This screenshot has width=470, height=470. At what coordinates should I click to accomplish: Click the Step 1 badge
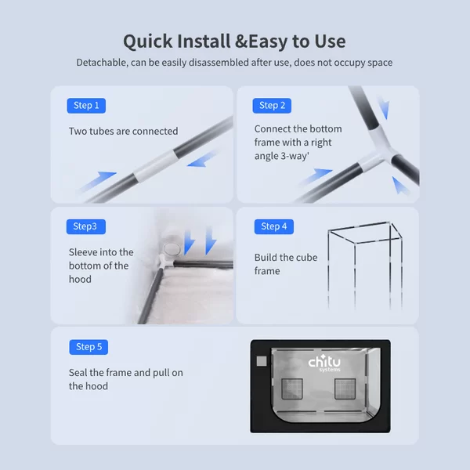(86, 106)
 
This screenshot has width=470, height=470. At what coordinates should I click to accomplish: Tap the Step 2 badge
(272, 106)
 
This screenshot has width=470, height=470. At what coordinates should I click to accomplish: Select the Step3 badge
(86, 226)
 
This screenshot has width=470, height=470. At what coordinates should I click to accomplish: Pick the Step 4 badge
(274, 226)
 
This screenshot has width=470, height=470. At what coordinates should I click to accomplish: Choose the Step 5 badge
(89, 347)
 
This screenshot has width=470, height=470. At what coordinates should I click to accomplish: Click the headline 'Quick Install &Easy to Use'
(234, 41)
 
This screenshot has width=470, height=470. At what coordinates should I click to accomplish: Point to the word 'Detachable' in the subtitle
(102, 63)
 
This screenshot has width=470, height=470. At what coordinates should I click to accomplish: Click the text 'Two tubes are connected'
(124, 131)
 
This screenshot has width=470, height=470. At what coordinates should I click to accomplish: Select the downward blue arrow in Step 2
(384, 108)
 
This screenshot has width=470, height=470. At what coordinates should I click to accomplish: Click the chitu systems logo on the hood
(324, 363)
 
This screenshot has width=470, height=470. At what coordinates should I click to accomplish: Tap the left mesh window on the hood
(292, 389)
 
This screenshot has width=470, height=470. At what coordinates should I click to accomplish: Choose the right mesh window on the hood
(345, 389)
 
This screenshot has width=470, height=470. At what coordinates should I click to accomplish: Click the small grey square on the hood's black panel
(262, 361)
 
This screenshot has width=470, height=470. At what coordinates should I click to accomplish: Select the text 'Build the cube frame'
(286, 264)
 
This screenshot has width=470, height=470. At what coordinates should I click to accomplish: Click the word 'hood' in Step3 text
(80, 279)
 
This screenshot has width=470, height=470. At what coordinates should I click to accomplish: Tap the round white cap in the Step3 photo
(172, 249)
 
